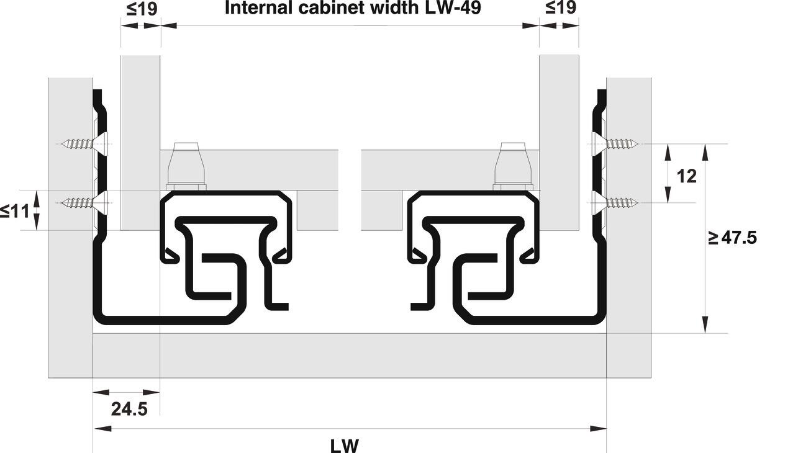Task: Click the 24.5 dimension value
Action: click(x=129, y=409)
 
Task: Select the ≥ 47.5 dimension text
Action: click(x=732, y=238)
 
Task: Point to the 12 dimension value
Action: click(x=686, y=176)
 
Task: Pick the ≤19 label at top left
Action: click(x=142, y=9)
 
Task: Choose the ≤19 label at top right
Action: click(x=560, y=7)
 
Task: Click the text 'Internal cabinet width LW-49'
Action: click(x=353, y=8)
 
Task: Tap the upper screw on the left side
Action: click(x=84, y=144)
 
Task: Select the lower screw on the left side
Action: click(x=84, y=203)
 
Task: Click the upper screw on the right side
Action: click(x=615, y=144)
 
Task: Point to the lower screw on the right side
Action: click(x=615, y=203)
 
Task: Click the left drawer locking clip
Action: click(x=186, y=166)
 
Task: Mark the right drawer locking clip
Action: click(x=513, y=166)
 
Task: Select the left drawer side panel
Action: click(x=140, y=143)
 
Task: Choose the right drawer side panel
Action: click(x=559, y=142)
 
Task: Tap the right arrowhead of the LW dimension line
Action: click(x=598, y=428)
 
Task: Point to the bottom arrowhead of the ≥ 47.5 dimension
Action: click(x=705, y=325)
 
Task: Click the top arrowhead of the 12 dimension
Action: click(x=668, y=153)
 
